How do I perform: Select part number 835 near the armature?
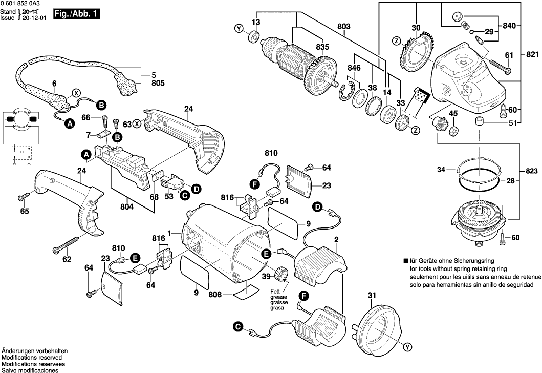pos(322,47)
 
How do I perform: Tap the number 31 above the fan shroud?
pos(372,295)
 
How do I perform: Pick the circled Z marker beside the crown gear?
pos(396,40)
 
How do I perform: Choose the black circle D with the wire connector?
pos(318,207)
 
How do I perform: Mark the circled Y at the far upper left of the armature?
pos(239,29)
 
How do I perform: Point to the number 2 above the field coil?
pos(336,239)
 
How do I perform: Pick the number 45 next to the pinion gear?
pos(453,113)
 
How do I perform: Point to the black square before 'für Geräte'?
pos(405,261)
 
